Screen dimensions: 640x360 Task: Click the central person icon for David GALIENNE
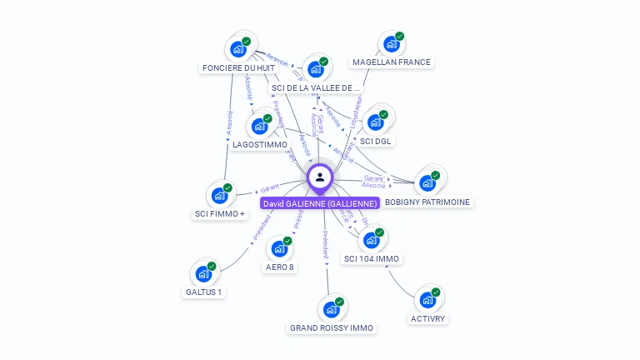tap(320, 177)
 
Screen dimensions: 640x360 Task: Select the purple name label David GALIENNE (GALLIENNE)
tap(320, 202)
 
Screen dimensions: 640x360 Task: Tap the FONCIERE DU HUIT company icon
tap(238, 47)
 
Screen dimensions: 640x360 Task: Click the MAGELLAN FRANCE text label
tap(392, 62)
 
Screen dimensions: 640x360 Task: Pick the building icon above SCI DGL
tap(376, 122)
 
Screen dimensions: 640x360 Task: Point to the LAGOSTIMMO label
tap(260, 144)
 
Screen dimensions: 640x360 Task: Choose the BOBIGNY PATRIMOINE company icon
tap(427, 182)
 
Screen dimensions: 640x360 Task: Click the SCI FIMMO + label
tap(220, 213)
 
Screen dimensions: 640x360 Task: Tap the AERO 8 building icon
tap(280, 247)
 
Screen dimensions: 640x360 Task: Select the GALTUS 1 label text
tap(204, 292)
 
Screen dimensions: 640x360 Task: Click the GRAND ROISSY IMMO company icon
tap(332, 308)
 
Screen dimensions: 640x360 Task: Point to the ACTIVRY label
tap(428, 318)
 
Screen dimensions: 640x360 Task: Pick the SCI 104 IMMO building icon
tap(372, 240)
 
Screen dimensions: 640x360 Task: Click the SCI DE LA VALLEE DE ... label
tap(316, 87)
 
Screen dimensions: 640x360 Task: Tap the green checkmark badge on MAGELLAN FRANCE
tap(400, 37)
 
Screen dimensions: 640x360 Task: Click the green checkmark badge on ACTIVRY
tap(436, 292)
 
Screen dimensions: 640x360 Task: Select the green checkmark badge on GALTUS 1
tap(212, 266)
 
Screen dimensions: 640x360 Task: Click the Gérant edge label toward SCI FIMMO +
tap(269, 189)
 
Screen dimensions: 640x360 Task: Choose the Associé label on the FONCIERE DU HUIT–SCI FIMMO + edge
tap(229, 122)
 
